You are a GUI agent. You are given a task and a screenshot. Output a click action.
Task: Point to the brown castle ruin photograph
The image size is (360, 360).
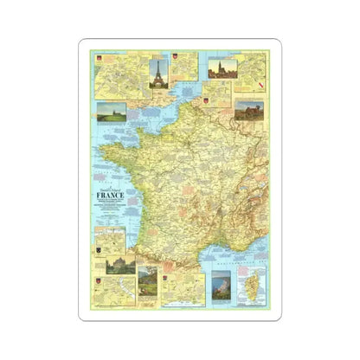pyautogui.click(x=250, y=110)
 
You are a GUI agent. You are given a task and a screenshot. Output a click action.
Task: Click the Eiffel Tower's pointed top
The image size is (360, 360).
pyautogui.click(x=158, y=60)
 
